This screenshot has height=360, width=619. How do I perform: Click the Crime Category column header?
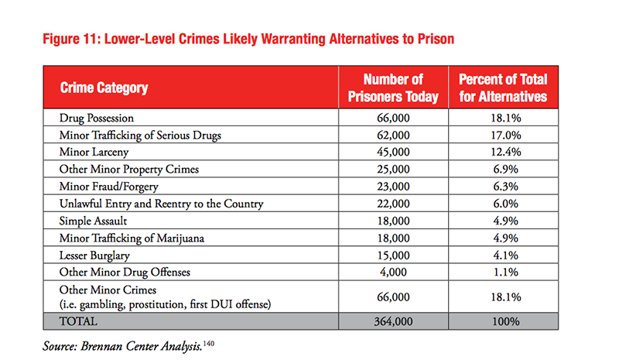click(x=104, y=87)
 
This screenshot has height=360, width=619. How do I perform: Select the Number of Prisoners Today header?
click(x=393, y=87)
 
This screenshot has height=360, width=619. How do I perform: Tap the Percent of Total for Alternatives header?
click(x=503, y=87)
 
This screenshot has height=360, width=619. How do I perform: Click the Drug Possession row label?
click(x=97, y=118)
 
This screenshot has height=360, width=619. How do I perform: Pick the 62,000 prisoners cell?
click(x=393, y=135)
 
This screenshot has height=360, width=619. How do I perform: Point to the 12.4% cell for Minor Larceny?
click(x=506, y=152)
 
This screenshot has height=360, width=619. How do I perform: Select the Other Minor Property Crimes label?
click(x=129, y=169)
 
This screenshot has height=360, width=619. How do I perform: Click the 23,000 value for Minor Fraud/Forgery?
click(x=393, y=186)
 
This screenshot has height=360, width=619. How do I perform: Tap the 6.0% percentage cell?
click(x=506, y=204)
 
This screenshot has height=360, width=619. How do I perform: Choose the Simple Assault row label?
click(x=93, y=221)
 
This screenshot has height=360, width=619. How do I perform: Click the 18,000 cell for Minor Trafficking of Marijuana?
click(x=393, y=238)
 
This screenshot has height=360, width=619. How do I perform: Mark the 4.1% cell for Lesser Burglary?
click(x=506, y=255)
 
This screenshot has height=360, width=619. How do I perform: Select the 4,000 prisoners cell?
click(x=393, y=272)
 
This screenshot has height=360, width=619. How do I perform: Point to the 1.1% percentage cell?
click(x=506, y=272)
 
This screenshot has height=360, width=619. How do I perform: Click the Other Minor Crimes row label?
click(x=108, y=290)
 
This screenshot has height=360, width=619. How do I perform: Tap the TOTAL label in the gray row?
click(x=78, y=321)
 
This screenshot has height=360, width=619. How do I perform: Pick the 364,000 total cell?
click(x=393, y=321)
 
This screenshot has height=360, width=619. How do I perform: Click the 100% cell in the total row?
click(x=506, y=321)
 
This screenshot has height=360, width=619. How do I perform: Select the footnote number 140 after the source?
click(x=209, y=343)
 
